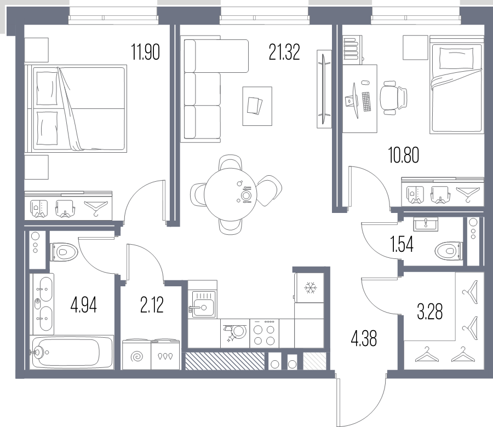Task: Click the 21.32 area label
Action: [284, 52]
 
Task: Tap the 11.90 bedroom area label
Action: [145, 52]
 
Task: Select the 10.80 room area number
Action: [404, 155]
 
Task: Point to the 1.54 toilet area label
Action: [402, 245]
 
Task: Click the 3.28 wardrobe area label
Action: [430, 311]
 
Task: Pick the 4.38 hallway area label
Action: [364, 338]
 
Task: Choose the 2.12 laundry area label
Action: [152, 305]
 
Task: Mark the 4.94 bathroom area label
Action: [84, 305]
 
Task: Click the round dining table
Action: [231, 194]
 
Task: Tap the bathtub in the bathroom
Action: [72, 352]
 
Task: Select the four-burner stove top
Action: [265, 333]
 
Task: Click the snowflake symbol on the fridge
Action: [311, 288]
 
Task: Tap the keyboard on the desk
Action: [366, 101]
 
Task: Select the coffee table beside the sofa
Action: [257, 106]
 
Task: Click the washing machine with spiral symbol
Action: [137, 354]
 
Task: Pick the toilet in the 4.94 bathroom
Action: [64, 252]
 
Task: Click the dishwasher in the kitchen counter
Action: [235, 333]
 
